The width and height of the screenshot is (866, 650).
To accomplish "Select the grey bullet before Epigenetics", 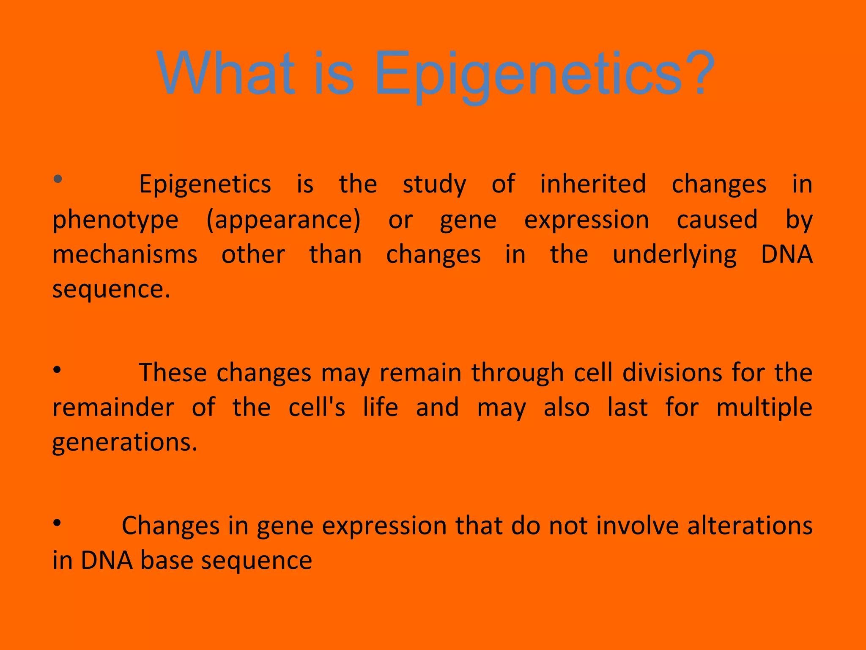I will [x=58, y=179].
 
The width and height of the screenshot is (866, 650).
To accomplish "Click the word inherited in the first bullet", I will [x=593, y=184].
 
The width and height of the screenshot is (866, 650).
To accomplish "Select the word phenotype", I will [x=115, y=220].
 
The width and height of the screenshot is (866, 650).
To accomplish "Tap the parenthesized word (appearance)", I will [x=283, y=220].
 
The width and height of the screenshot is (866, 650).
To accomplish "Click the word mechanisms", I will [x=125, y=255].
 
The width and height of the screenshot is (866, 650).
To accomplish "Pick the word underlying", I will [x=674, y=256].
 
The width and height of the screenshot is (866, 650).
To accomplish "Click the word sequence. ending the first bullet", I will [x=111, y=290].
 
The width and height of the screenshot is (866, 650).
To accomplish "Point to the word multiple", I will [x=764, y=408].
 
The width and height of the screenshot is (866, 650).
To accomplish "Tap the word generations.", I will [x=125, y=443].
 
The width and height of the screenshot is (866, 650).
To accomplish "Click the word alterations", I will [x=750, y=526].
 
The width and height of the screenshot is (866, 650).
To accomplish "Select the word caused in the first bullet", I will [x=717, y=220].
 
